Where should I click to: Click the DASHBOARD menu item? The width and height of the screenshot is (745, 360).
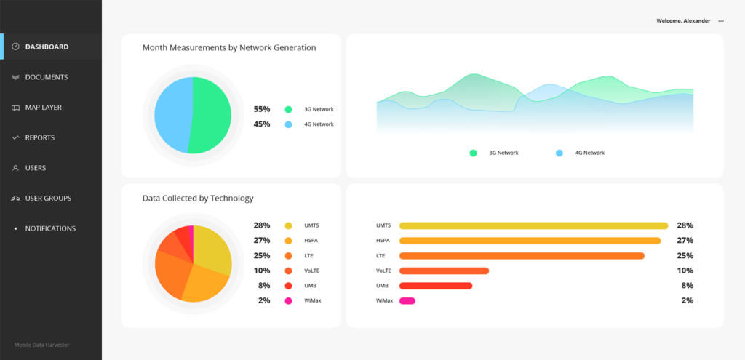click(47, 47)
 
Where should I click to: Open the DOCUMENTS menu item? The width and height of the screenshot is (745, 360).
click(46, 77)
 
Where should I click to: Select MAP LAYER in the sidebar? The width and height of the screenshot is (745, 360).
click(43, 108)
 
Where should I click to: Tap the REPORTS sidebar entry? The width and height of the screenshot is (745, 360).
click(39, 137)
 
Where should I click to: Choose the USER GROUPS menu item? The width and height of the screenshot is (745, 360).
click(48, 198)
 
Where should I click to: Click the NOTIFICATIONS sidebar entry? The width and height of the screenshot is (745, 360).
click(50, 228)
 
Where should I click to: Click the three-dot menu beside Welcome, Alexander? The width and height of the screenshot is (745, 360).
click(721, 21)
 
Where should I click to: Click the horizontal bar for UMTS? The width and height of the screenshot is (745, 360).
click(533, 225)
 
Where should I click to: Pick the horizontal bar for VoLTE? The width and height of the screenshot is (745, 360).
click(444, 271)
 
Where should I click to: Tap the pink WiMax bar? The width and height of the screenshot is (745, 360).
click(407, 300)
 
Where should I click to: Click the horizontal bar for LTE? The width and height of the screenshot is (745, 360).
click(522, 256)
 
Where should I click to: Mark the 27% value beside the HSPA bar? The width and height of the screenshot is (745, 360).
click(685, 241)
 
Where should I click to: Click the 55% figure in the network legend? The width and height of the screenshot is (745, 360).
click(262, 109)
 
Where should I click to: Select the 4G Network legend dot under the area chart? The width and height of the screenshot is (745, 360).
click(559, 153)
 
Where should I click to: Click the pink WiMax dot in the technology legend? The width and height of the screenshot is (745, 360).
click(289, 300)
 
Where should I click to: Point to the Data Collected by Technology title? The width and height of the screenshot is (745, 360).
click(198, 198)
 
